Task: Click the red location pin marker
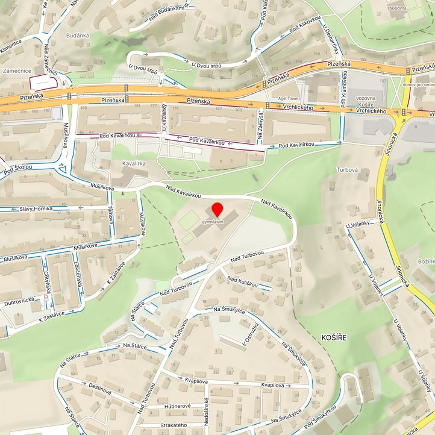217,210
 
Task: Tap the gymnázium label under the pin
213,222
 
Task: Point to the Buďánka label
78,35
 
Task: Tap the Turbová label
348,170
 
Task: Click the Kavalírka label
134,163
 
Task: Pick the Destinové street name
100,392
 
